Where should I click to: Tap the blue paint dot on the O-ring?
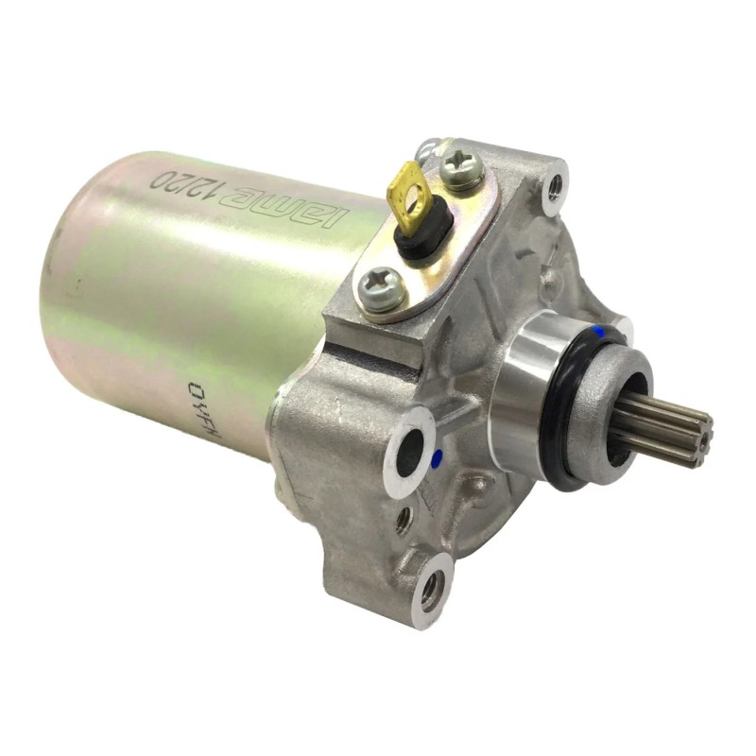[x=602, y=333]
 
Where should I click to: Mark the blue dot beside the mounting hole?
[x=436, y=460]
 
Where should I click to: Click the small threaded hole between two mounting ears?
[x=404, y=517]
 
